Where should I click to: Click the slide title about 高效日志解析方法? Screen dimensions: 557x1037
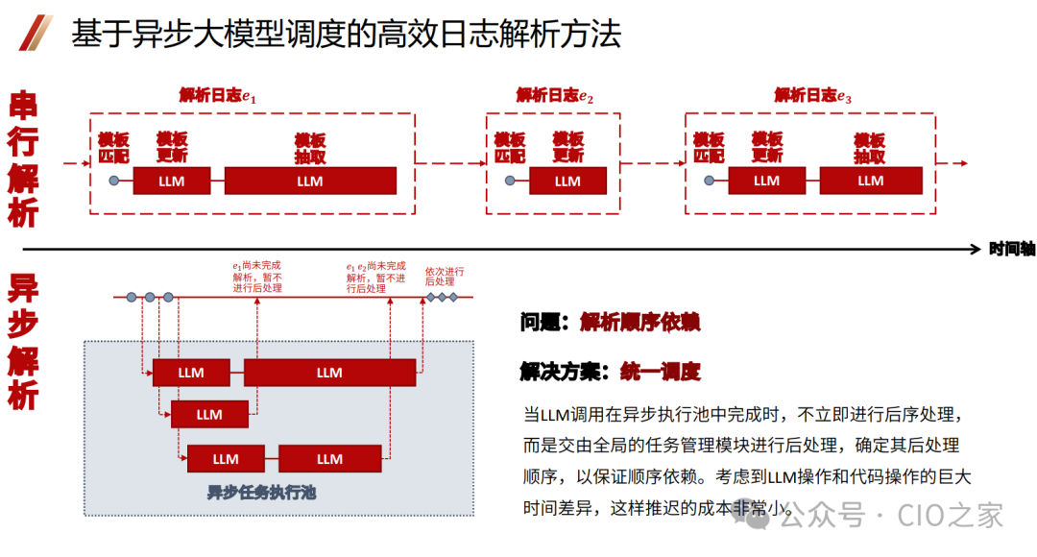tap(346, 34)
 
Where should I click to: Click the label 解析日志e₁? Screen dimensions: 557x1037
tap(218, 95)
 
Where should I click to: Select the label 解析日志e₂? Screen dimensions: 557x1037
tap(555, 95)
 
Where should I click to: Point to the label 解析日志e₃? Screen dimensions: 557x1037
tap(813, 95)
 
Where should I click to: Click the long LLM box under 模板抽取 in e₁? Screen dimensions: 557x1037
tap(309, 181)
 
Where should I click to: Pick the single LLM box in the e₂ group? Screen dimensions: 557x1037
tap(567, 181)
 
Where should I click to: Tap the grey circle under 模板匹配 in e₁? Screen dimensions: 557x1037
tap(113, 181)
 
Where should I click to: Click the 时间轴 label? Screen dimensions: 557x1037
tap(1012, 249)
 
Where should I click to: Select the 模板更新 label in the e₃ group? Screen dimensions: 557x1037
tap(767, 147)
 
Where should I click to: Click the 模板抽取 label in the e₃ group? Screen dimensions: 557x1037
tap(870, 147)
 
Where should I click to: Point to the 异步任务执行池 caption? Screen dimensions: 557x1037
tap(261, 494)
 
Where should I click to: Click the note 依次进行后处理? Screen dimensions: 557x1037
tap(445, 277)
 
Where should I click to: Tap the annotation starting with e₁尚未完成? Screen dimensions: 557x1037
tap(256, 277)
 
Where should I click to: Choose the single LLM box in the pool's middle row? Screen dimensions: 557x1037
tap(209, 415)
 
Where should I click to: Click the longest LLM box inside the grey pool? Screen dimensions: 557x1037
tap(329, 373)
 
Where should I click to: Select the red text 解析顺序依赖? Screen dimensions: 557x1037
tap(639, 323)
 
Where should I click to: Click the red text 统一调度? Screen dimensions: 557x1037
tap(661, 372)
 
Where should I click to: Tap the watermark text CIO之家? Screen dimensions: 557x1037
tap(951, 516)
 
